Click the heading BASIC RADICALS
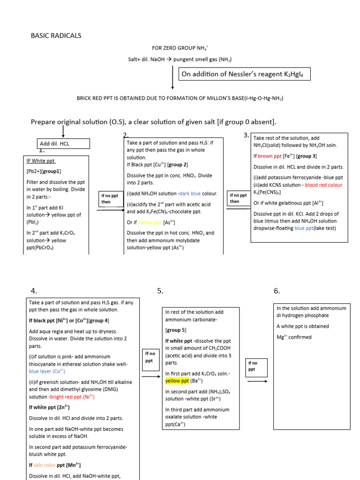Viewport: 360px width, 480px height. (56, 36)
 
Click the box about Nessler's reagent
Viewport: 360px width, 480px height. (245, 74)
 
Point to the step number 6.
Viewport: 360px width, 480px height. (277, 291)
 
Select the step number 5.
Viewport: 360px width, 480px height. (160, 291)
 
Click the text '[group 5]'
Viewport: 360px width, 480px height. (176, 330)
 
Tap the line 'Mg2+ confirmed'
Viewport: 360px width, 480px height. (294, 337)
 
